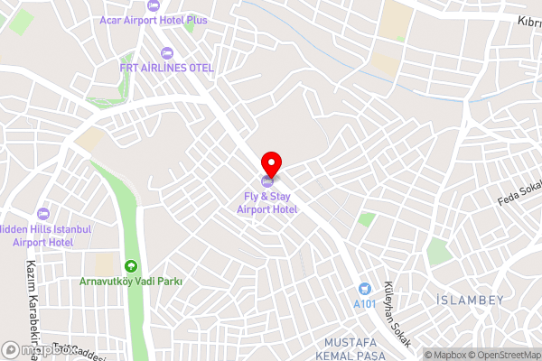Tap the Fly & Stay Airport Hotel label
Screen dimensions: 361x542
pyautogui.click(x=267, y=203)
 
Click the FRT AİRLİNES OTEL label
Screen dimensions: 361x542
pyautogui.click(x=166, y=67)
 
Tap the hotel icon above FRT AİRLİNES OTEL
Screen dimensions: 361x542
pyautogui.click(x=165, y=51)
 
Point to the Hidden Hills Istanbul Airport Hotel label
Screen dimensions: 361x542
pyautogui.click(x=45, y=236)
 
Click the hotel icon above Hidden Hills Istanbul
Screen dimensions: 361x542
pyautogui.click(x=42, y=214)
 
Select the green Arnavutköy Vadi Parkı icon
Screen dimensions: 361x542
pyautogui.click(x=130, y=266)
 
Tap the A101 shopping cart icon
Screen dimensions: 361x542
pyautogui.click(x=364, y=288)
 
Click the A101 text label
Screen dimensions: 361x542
pyautogui.click(x=365, y=304)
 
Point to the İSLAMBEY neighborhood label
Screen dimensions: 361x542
pyautogui.click(x=469, y=300)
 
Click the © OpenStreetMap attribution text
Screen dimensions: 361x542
pyautogui.click(x=501, y=354)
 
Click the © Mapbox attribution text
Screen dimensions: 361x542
pyautogui.click(x=442, y=354)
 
